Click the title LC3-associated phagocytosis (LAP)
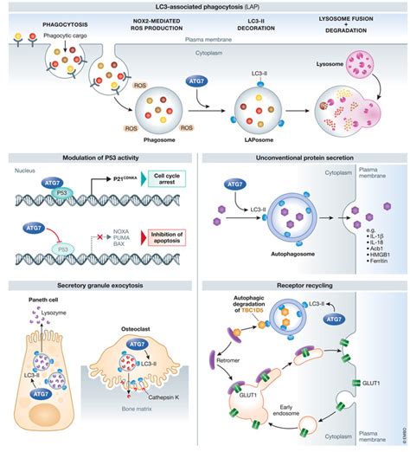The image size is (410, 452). tap(204, 6)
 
